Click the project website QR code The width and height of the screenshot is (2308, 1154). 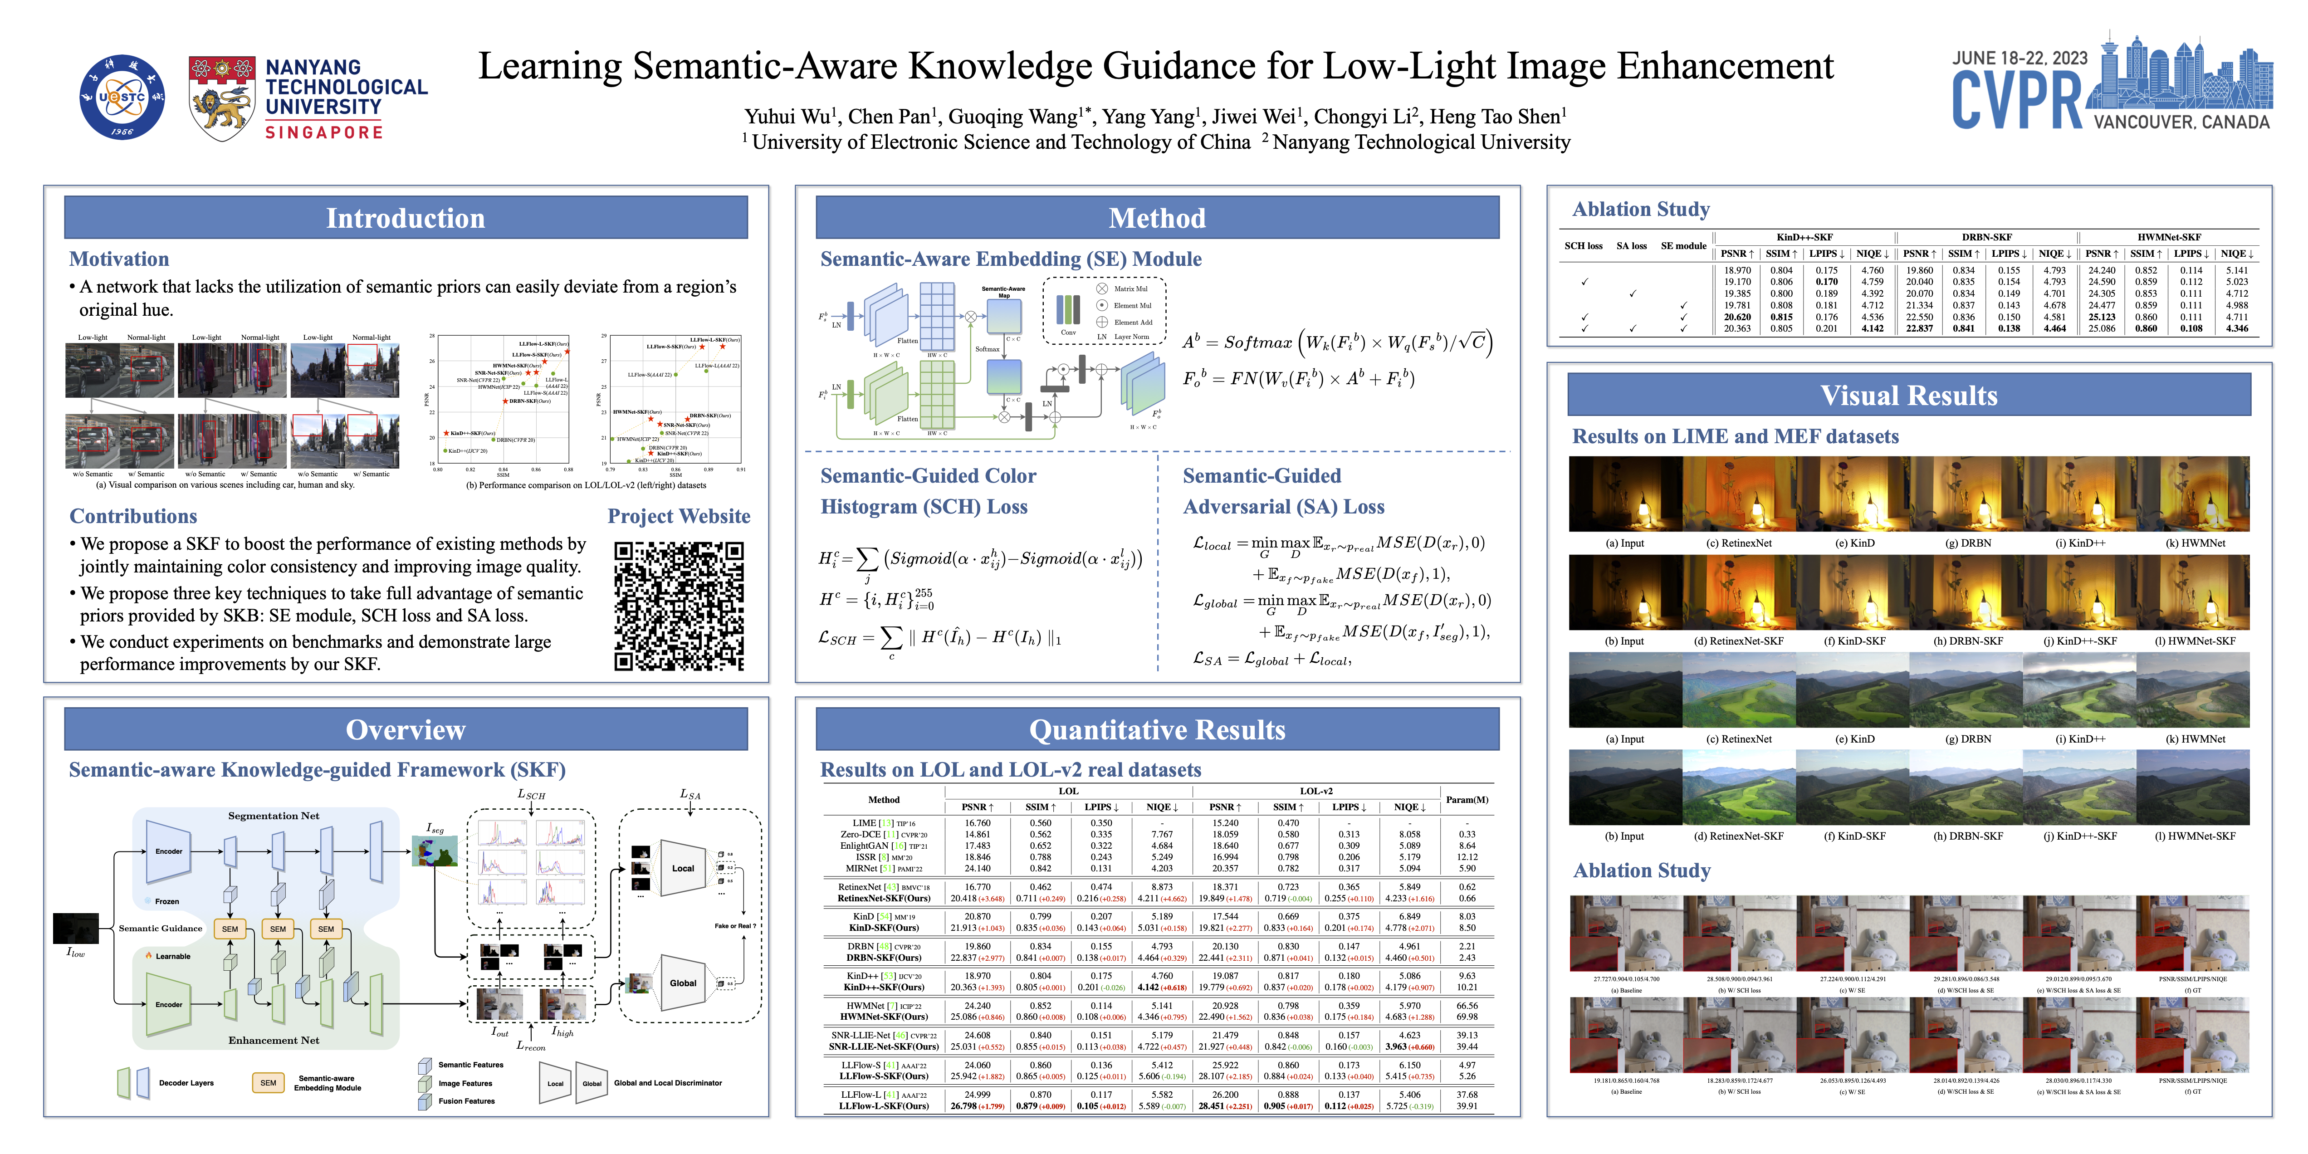pyautogui.click(x=678, y=606)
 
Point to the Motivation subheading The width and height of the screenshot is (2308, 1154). pyautogui.click(x=119, y=259)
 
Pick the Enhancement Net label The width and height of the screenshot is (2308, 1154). pyautogui.click(x=273, y=1040)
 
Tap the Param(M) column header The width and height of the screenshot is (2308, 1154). pyautogui.click(x=1467, y=799)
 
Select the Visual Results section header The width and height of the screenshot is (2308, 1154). pyautogui.click(x=1908, y=395)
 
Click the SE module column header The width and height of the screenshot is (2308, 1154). pyautogui.click(x=1683, y=245)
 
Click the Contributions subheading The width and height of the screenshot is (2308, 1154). pyautogui.click(x=133, y=516)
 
